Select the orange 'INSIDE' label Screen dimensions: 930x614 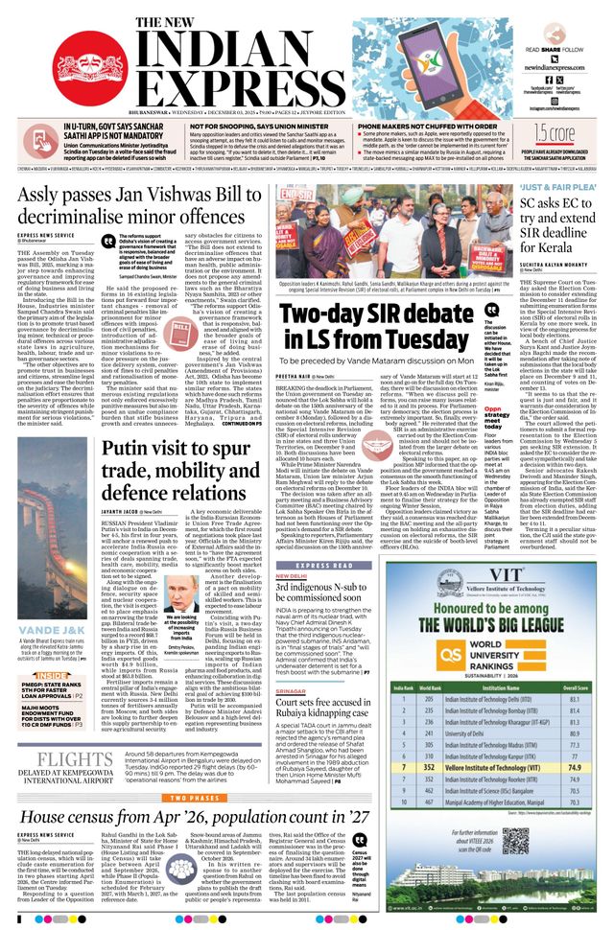(x=44, y=675)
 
